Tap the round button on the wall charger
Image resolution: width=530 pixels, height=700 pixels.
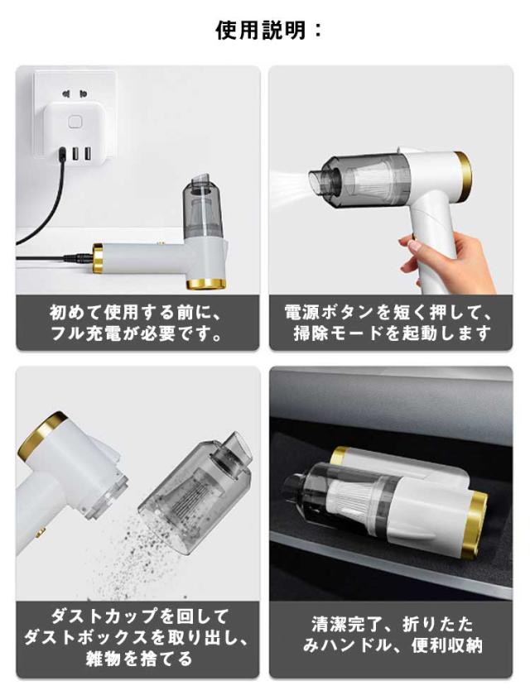pos(75,122)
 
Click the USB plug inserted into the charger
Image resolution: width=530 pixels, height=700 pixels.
pos(63,154)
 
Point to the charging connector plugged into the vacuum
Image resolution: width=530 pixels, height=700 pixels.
pos(78,258)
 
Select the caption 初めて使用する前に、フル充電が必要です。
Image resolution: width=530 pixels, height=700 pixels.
pos(137,323)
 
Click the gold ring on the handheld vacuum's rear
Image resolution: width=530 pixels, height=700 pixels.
pos(464,175)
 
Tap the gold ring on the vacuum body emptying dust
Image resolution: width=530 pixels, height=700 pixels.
pos(41,435)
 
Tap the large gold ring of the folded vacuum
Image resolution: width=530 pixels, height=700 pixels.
pos(474,525)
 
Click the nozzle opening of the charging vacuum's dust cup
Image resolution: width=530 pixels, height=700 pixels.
pos(202,183)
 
